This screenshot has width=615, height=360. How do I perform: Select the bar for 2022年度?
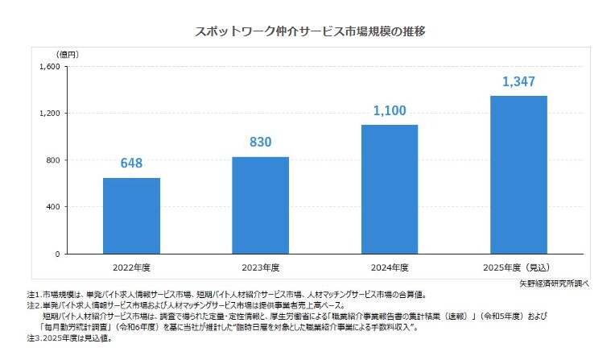pos(131,216)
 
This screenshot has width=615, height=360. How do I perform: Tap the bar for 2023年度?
pos(260,205)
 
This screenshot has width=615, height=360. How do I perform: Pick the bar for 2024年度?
pos(389,189)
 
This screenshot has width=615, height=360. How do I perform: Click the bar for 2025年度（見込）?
pos(518,175)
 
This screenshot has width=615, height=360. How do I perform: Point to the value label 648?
pos(131,163)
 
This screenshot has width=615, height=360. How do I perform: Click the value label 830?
pos(260,143)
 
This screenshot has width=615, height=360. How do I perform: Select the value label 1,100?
pos(389,110)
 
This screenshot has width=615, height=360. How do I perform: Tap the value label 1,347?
pos(518,81)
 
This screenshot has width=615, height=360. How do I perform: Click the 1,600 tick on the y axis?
pos(49,67)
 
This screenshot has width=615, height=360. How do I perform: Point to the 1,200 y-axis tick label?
pos(49,114)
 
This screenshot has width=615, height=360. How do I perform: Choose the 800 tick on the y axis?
pos(52,160)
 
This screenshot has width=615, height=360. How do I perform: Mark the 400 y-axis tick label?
pos(52,207)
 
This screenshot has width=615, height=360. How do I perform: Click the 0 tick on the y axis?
pos(56,254)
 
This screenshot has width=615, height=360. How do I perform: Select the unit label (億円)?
pos(68,54)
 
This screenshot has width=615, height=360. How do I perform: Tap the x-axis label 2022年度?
pos(131,267)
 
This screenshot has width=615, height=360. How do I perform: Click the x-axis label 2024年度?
pos(389,267)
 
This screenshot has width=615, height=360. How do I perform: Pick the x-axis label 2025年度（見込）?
pos(518,267)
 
